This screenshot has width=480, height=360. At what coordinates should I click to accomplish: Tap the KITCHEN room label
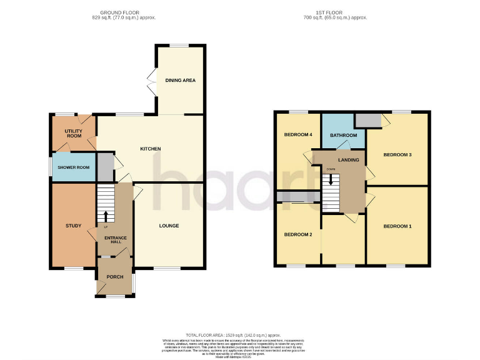coord(151,149)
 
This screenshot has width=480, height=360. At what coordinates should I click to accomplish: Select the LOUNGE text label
coord(169,226)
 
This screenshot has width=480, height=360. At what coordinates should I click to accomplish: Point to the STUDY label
coord(74,226)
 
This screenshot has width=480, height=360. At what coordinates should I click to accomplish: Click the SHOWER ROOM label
coord(74,167)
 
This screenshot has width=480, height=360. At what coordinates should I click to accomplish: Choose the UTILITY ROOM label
coord(74,132)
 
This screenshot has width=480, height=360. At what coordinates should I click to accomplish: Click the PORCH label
coord(114,277)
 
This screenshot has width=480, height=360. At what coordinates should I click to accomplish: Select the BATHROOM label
coord(343,136)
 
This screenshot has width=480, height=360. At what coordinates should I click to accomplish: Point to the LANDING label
coord(349,160)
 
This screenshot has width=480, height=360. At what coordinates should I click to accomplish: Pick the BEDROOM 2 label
coord(298,235)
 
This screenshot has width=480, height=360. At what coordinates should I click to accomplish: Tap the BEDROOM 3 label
coord(397,154)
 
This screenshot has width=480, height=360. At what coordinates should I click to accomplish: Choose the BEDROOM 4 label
coord(298,136)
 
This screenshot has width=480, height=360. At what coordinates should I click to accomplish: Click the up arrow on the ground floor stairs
coord(105,216)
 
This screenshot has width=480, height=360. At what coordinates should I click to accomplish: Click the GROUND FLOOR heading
coord(120,12)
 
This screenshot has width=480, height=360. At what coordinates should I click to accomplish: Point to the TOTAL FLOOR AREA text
coord(240,336)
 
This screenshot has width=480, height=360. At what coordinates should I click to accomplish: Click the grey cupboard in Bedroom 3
coord(367,120)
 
